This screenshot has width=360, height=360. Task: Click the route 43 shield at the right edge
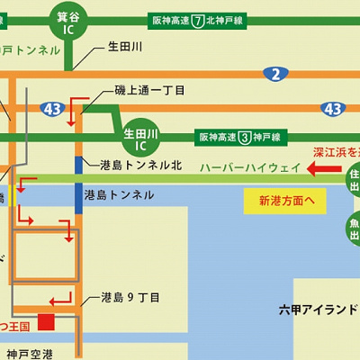[333, 108]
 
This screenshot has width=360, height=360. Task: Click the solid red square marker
[45, 320]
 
